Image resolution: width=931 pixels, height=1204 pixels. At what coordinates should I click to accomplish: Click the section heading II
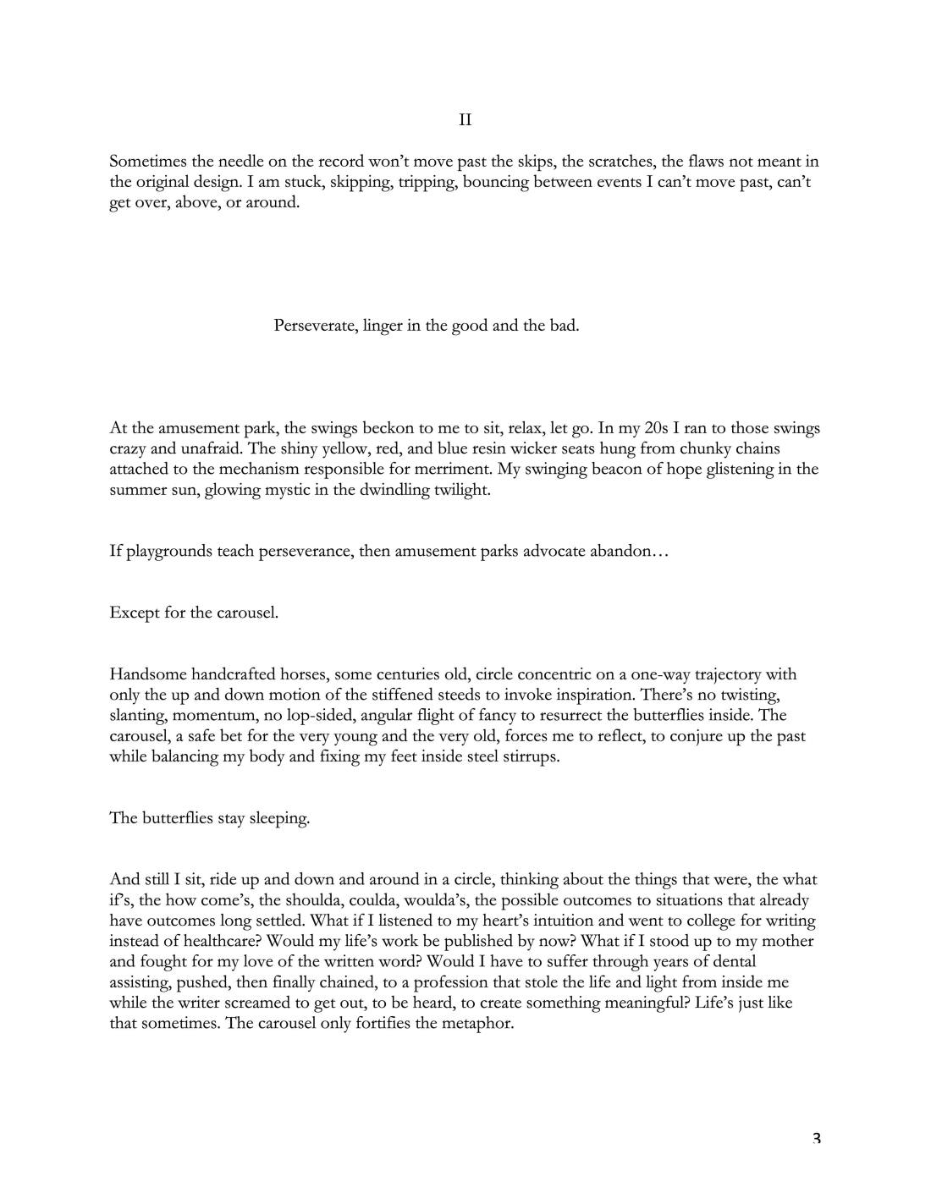[465, 120]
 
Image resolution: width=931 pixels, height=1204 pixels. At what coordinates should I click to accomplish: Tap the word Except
[135, 613]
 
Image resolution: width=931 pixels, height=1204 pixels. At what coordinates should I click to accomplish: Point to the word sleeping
[278, 818]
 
